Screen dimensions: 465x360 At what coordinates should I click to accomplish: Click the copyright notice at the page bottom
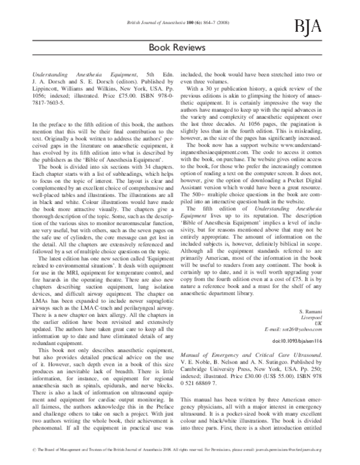click(179, 457)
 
